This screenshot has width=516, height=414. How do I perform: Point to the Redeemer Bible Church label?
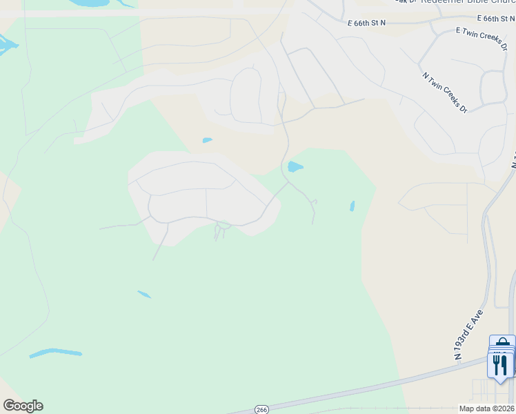(x=464, y=2)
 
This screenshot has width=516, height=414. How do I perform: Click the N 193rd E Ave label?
(x=469, y=335)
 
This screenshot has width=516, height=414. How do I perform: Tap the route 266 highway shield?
(x=261, y=409)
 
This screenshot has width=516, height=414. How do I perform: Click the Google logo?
(x=23, y=406)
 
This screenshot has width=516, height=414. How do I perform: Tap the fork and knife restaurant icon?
(x=501, y=364)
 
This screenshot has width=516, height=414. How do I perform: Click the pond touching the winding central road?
(x=295, y=167)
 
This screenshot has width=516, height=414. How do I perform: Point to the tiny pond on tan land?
(x=207, y=140)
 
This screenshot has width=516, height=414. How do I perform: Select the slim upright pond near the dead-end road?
(x=352, y=206)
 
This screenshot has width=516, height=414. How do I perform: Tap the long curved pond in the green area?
(x=55, y=353)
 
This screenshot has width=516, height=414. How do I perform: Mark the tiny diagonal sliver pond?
(x=143, y=295)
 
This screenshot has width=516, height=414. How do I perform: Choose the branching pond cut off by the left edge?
(x=7, y=47)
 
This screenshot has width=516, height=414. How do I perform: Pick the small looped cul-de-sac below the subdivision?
(x=222, y=226)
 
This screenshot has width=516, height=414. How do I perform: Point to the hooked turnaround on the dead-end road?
(x=314, y=201)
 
